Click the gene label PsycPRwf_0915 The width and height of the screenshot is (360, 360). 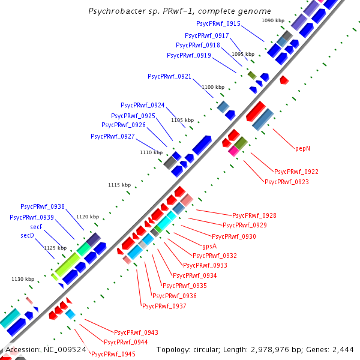[x=218, y=23]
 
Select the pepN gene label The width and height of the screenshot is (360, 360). [x=302, y=147]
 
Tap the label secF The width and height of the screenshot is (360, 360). [x=37, y=227]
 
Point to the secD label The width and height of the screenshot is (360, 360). [x=28, y=236]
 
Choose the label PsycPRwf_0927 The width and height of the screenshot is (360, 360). [x=113, y=136]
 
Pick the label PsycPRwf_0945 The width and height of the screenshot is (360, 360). [x=113, y=354]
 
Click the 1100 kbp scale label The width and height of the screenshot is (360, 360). [x=212, y=88]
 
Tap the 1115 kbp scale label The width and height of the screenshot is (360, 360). [x=119, y=185]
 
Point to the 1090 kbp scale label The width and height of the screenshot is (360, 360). [x=273, y=20]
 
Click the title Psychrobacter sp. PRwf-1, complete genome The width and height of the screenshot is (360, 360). [x=179, y=11]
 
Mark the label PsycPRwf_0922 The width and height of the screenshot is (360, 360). [x=296, y=172]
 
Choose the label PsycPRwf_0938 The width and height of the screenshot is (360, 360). [x=43, y=206]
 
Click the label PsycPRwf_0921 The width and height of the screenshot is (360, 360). [x=170, y=76]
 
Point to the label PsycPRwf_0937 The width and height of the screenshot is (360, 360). [x=164, y=306]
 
